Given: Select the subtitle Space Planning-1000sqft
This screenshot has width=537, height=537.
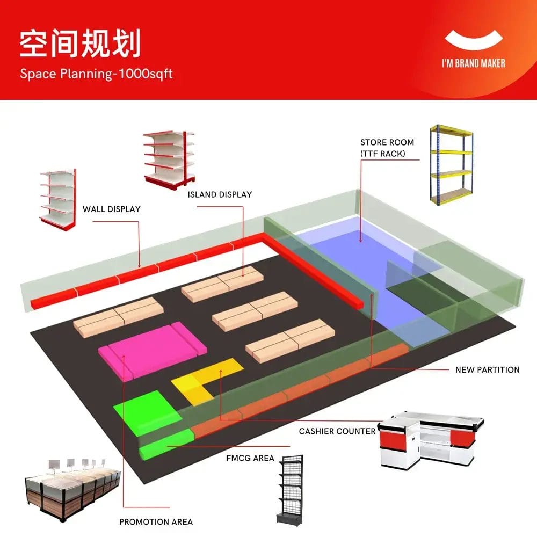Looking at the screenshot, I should (96, 74).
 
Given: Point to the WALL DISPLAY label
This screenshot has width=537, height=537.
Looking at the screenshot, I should (111, 209).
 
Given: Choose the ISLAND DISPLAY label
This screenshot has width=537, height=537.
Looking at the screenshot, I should (220, 194).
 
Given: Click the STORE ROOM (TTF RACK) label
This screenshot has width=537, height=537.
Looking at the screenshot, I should (387, 148).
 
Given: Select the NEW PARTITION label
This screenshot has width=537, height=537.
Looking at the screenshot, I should (487, 369).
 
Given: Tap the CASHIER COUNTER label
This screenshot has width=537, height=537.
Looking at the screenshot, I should (337, 431).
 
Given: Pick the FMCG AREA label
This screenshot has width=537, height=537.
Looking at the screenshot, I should (250, 458).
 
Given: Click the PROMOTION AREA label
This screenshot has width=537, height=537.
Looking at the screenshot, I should (156, 521).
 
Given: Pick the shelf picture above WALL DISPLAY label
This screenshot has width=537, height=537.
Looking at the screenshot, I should (57, 197).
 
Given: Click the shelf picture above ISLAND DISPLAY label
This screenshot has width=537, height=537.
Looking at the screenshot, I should (168, 158).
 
